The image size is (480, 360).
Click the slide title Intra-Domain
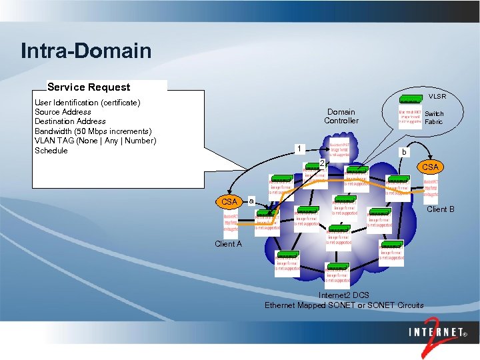tap(86, 51)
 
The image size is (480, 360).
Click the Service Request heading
tap(89, 87)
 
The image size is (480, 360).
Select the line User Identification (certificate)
tap(87, 103)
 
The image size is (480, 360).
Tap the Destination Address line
tap(70, 121)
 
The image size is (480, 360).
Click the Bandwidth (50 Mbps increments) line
tap(93, 131)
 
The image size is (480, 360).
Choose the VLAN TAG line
tap(95, 140)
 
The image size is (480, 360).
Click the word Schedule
tap(51, 150)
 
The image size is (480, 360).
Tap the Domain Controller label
tap(341, 116)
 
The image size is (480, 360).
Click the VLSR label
tap(437, 97)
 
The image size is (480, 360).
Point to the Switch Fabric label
tap(433, 118)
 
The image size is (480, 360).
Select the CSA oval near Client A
tap(229, 201)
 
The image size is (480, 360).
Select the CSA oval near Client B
tap(430, 167)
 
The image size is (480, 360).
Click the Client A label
tap(228, 244)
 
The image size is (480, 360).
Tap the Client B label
tap(440, 209)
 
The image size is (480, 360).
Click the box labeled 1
tap(301, 148)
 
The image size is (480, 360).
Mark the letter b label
tap(403, 152)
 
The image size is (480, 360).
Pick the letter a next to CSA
tap(250, 199)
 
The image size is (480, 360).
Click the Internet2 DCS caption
tap(343, 295)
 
